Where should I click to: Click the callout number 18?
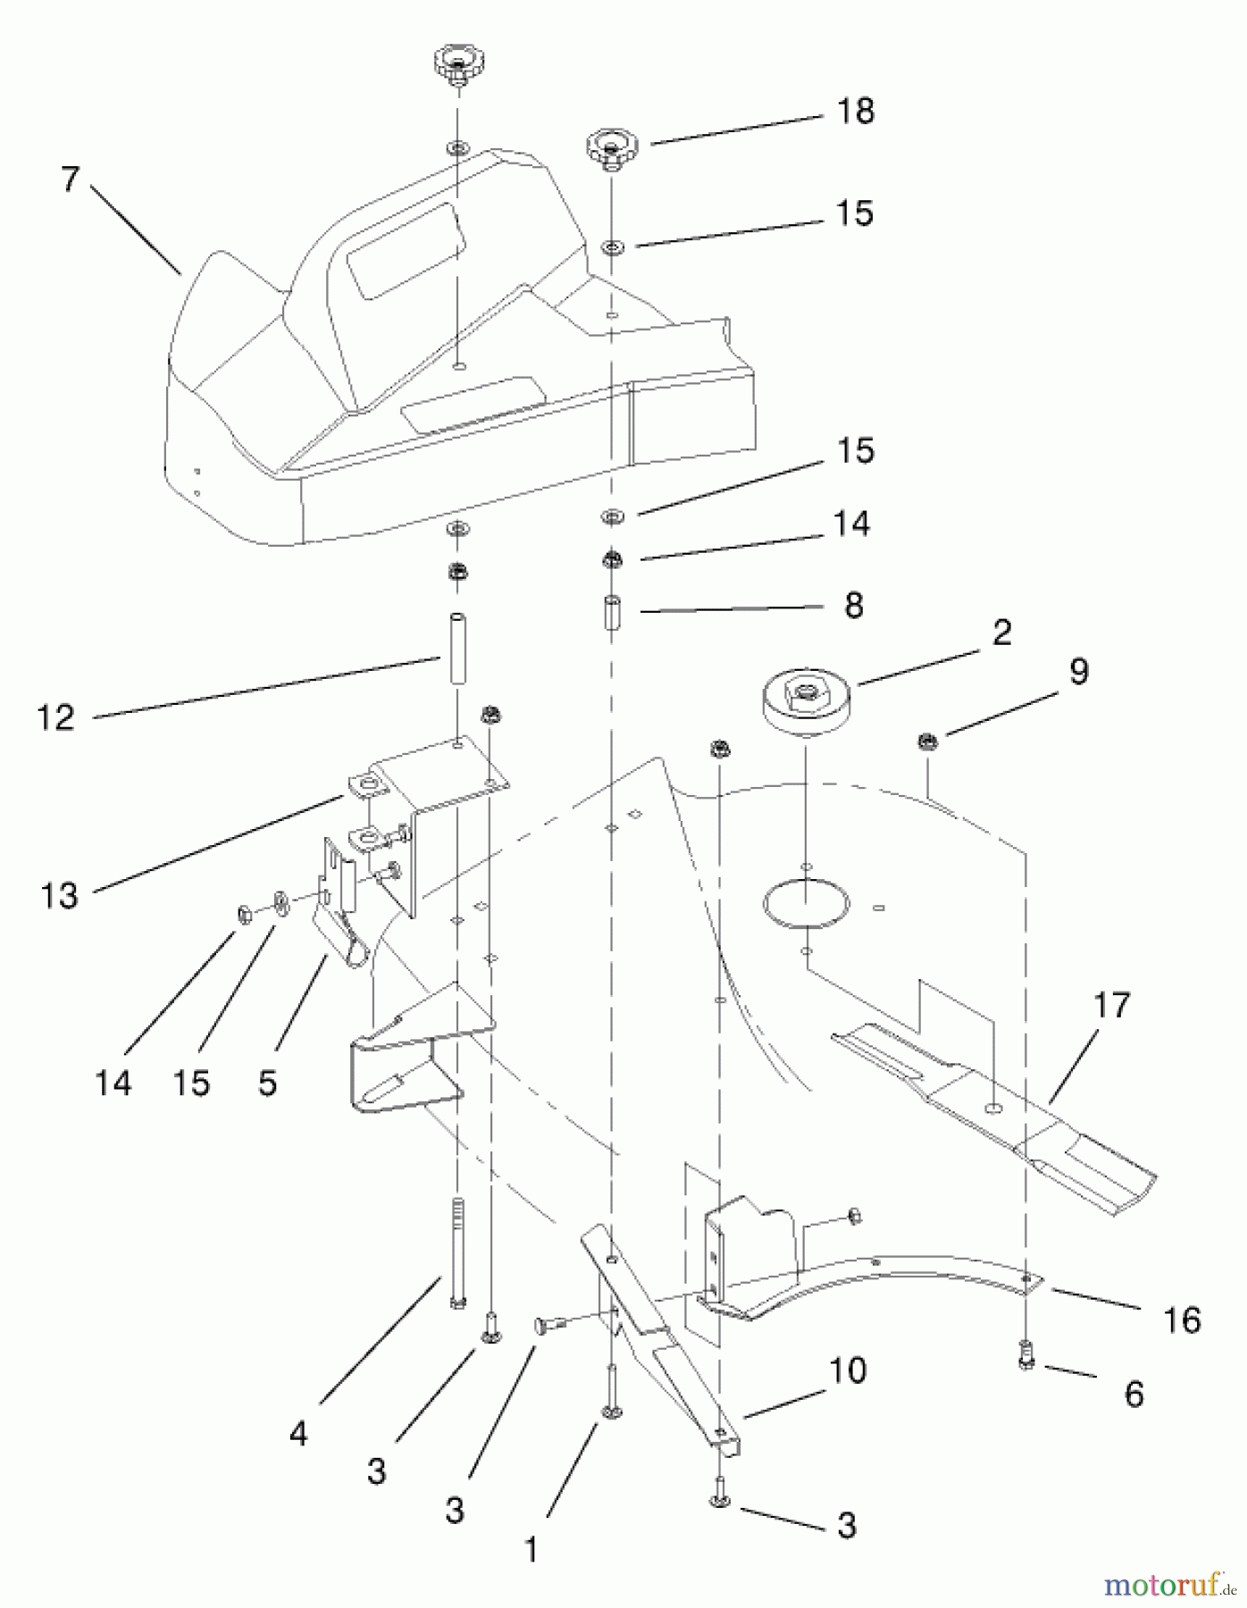coord(855,112)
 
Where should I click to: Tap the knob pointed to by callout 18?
coord(611,147)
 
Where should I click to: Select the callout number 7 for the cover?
coord(71,180)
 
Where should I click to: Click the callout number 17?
coord(1111,1006)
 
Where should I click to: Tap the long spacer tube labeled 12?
coord(457,649)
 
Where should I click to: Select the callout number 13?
coord(59,895)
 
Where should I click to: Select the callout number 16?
coord(1182,1319)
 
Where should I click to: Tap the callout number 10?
coord(847,1370)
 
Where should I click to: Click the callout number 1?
coord(531,1550)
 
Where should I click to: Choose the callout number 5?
coord(267,1083)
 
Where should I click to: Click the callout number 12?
coord(55,717)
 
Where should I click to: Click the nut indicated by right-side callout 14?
coord(612,560)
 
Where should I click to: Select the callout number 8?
coord(853,606)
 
